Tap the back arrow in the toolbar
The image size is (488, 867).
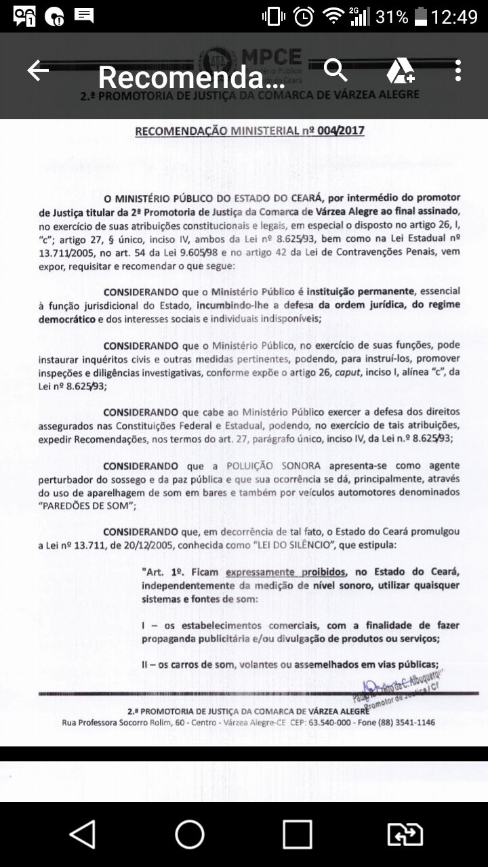click(x=38, y=70)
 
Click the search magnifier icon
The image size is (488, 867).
click(x=335, y=70)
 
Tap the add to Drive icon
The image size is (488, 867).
click(x=401, y=70)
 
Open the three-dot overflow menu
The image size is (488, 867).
click(x=458, y=70)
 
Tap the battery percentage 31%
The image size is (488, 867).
click(x=392, y=16)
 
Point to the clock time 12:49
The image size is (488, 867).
click(x=455, y=16)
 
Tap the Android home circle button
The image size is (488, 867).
click(x=190, y=834)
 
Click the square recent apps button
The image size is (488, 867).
click(x=297, y=834)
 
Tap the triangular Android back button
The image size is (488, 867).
click(x=83, y=834)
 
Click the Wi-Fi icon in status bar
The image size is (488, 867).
click(x=333, y=16)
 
